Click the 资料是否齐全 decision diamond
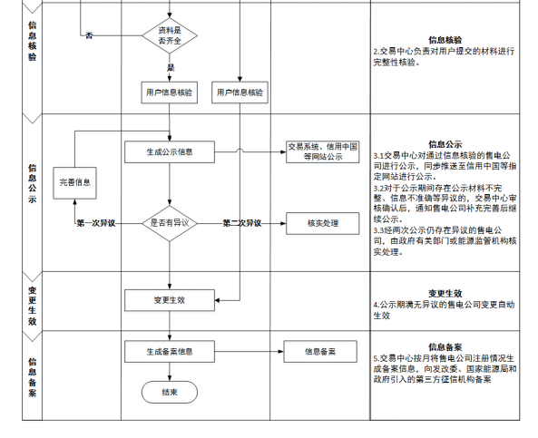170,35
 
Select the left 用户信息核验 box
169,92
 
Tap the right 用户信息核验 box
240,92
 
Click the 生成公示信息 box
170,152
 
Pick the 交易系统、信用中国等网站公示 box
323,152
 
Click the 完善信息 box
74,183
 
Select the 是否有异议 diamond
170,223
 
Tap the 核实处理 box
323,223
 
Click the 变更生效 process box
170,300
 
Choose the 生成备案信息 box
170,352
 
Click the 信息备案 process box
320,352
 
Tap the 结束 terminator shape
170,392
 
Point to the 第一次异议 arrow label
96,224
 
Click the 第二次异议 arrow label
242,223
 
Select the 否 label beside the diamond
89,35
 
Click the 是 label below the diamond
171,68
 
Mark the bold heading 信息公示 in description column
445,144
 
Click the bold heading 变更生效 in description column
445,293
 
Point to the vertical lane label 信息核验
33,41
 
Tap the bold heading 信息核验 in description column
445,40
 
